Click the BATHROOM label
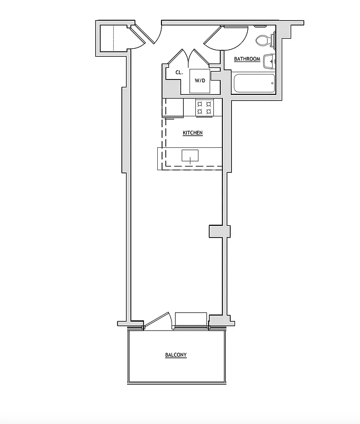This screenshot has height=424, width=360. click(247, 59)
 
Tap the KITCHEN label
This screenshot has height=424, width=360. click(193, 132)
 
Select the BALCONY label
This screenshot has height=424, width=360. click(176, 355)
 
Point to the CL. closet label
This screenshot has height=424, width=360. click(179, 73)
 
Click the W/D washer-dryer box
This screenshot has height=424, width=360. click(200, 81)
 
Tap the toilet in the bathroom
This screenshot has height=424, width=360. click(263, 40)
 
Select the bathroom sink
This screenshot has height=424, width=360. click(270, 61)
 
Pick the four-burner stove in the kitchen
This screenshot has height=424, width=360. click(204, 108)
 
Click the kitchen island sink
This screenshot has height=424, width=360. click(190, 155)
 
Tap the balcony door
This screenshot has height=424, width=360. click(156, 321)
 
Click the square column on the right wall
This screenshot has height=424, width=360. click(219, 232)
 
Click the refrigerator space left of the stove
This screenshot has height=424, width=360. click(173, 108)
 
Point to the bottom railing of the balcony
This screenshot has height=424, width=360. click(177, 382)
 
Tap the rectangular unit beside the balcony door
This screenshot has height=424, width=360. click(191, 319)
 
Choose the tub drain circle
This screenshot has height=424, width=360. click(272, 83)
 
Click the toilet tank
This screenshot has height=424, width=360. click(273, 40)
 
